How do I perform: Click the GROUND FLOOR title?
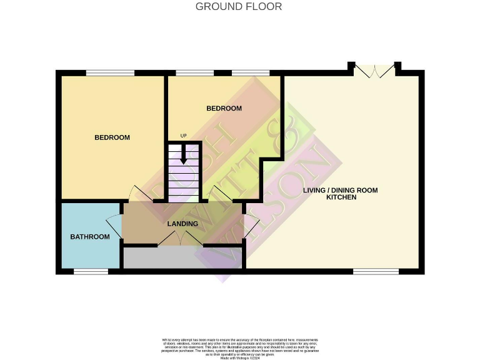(239, 7)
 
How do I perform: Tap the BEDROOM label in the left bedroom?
(112, 137)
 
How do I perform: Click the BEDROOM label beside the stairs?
(224, 108)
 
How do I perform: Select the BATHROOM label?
(89, 237)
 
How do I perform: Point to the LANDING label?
(182, 224)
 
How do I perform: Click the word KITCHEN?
(341, 197)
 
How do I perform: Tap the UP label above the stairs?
(183, 136)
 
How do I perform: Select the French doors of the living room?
(374, 70)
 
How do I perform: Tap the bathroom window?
(91, 271)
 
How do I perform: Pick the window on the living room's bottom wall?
(376, 271)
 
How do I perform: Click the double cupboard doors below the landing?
(180, 239)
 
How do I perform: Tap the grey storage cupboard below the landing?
(182, 258)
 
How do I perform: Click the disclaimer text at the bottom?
(240, 346)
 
